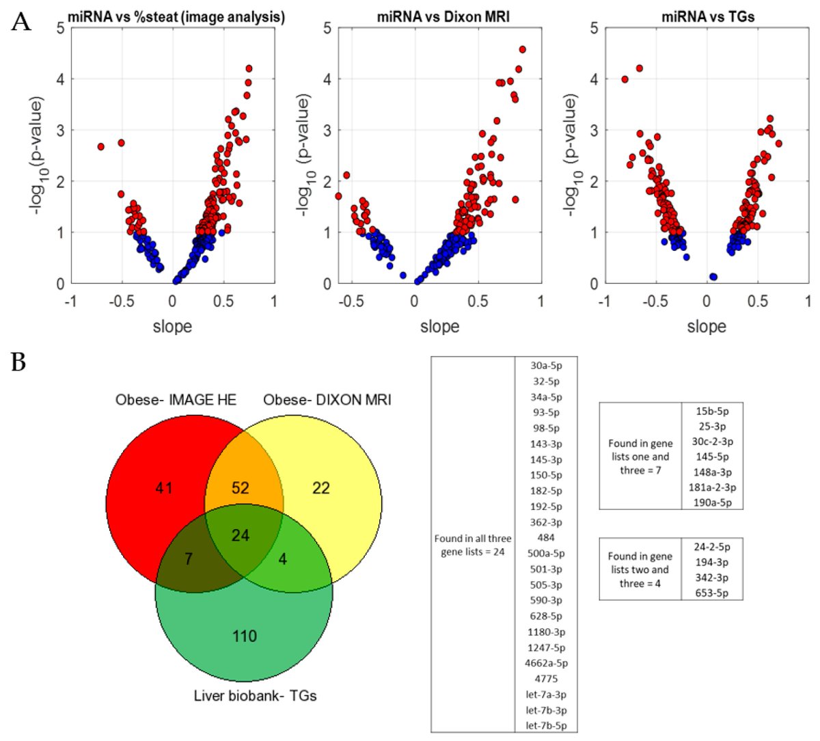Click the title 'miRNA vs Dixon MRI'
[443, 16]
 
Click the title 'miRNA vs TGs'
[707, 16]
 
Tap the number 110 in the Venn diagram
[244, 636]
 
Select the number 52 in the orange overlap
[240, 488]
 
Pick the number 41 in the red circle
[163, 488]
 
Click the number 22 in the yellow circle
[320, 488]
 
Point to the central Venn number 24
[240, 535]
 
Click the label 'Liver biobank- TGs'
[254, 696]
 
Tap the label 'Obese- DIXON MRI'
[327, 399]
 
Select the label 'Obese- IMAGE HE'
[176, 399]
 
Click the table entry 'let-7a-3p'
[546, 695]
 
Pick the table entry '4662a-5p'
[546, 663]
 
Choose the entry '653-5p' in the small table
[711, 593]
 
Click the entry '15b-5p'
[711, 411]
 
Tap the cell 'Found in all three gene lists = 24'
[472, 545]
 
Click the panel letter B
[19, 361]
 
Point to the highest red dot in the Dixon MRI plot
[522, 49]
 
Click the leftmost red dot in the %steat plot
[100, 146]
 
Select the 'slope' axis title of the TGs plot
[706, 327]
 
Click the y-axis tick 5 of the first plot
[61, 28]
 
